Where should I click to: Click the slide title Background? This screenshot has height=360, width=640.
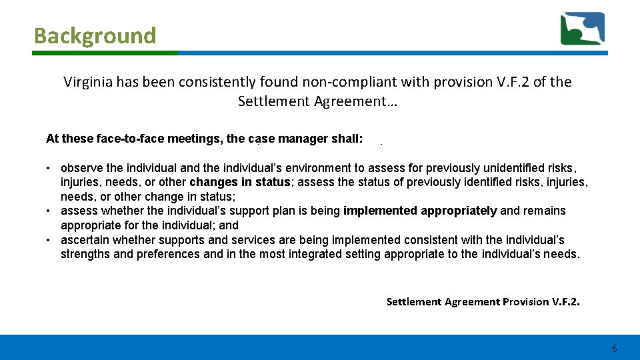point(95,35)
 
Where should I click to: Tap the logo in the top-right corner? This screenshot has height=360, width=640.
point(583,29)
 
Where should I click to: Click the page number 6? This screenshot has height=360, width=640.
point(614,349)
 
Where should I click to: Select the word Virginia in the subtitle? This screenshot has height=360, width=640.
point(87,82)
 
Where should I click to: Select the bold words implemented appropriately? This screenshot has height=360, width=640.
point(420,211)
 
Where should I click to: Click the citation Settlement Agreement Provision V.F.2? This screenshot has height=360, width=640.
point(483,302)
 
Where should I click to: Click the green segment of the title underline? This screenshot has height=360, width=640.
point(105,53)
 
